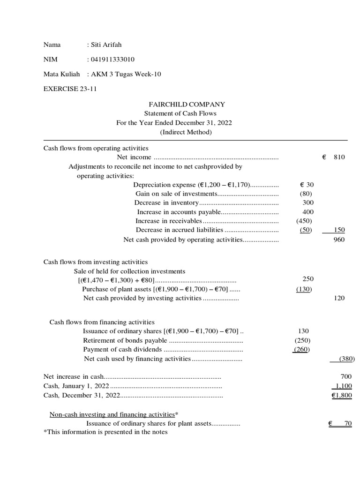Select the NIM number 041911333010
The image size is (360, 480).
tap(113, 60)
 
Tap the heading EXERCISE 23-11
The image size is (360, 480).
tap(70, 89)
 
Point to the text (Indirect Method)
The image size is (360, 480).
tap(186, 132)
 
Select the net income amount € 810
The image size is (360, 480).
tap(334, 157)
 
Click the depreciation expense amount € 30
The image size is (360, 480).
tap(307, 185)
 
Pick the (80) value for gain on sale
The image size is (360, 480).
tap(306, 194)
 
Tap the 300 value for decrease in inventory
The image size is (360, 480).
tap(308, 202)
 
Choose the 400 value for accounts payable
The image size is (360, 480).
tap(308, 212)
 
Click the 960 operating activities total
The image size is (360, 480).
tap(338, 240)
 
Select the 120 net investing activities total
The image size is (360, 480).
tap(338, 298)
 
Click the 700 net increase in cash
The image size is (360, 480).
tap(346, 377)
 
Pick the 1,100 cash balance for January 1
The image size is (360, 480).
tap(342, 386)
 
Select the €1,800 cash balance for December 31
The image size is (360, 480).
tap(341, 396)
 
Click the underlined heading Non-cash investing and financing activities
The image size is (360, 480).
tap(112, 415)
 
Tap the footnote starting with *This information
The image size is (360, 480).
tap(105, 432)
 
